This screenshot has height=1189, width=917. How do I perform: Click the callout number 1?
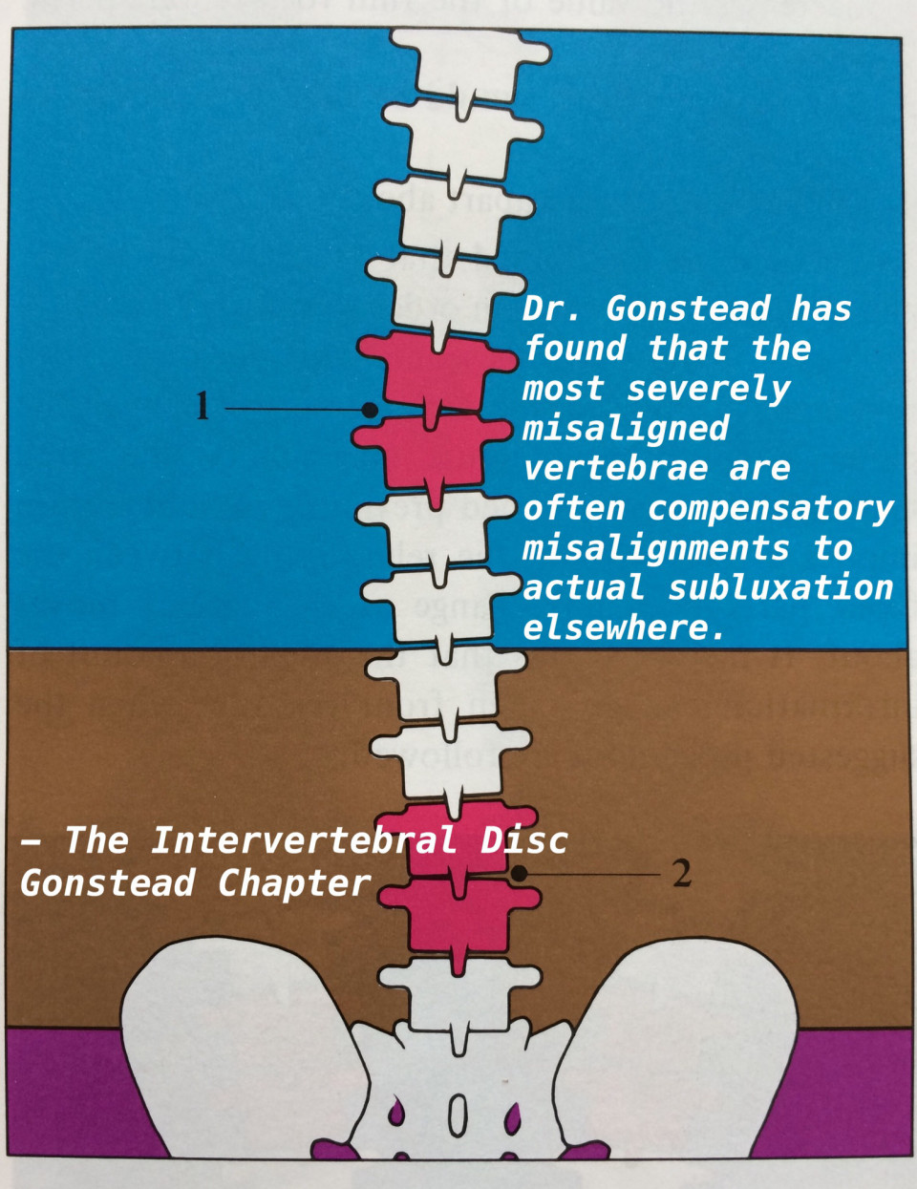pos(202,407)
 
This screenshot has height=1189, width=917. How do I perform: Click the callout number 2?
pos(681,873)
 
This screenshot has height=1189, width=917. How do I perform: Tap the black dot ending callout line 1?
pos(370,409)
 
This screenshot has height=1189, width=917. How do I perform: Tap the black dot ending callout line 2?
pos(519,873)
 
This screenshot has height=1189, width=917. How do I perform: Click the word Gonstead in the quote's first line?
pos(688,308)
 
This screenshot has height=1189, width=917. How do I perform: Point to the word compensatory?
pos(771,508)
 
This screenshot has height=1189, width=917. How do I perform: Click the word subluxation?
pos(780,588)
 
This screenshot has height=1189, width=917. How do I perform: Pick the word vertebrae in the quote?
pos(616,468)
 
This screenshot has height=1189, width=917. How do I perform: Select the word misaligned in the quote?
pos(626,428)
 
